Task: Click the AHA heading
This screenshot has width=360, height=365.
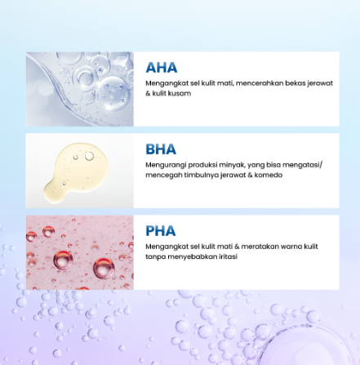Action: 162,68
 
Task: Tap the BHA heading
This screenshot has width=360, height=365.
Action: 161,149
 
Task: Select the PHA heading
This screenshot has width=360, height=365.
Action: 161,231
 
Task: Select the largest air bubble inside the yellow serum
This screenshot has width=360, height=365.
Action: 89,156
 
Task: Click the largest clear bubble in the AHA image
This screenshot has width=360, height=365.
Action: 113,93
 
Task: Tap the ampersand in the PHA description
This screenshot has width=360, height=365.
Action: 237,247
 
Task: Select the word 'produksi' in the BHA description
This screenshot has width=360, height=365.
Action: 202,165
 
